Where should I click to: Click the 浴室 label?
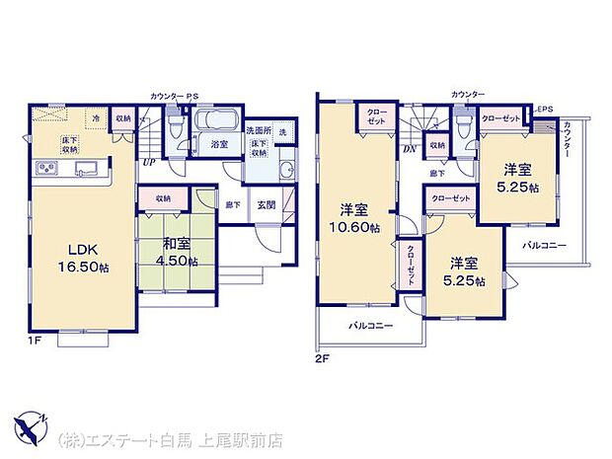(x=218, y=144)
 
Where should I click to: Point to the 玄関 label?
(x=267, y=205)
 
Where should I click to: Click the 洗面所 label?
(x=258, y=130)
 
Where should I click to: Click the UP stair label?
(x=148, y=162)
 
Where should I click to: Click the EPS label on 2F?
(x=546, y=110)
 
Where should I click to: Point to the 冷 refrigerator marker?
(x=98, y=117)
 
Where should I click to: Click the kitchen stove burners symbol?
(x=45, y=169)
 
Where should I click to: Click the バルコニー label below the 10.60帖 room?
(x=369, y=326)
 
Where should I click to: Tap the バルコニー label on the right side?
(x=544, y=245)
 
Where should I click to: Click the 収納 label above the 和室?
(x=163, y=198)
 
